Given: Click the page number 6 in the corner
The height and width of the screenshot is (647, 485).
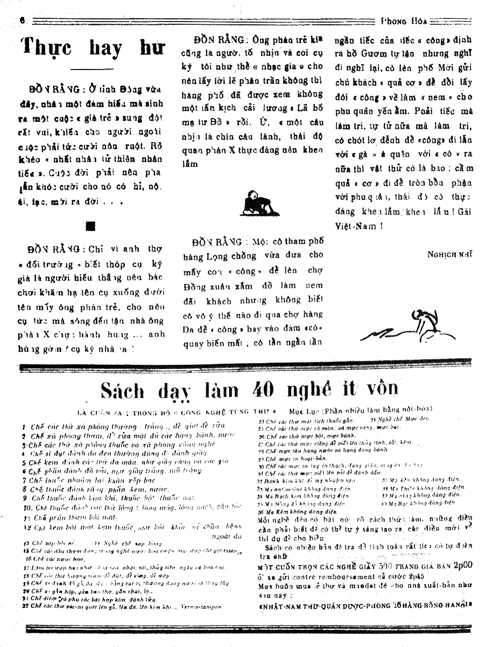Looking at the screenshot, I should [x=23, y=19].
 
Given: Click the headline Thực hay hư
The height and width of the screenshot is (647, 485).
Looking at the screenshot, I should [x=93, y=48].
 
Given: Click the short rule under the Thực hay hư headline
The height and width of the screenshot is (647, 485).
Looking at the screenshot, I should [x=93, y=69].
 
